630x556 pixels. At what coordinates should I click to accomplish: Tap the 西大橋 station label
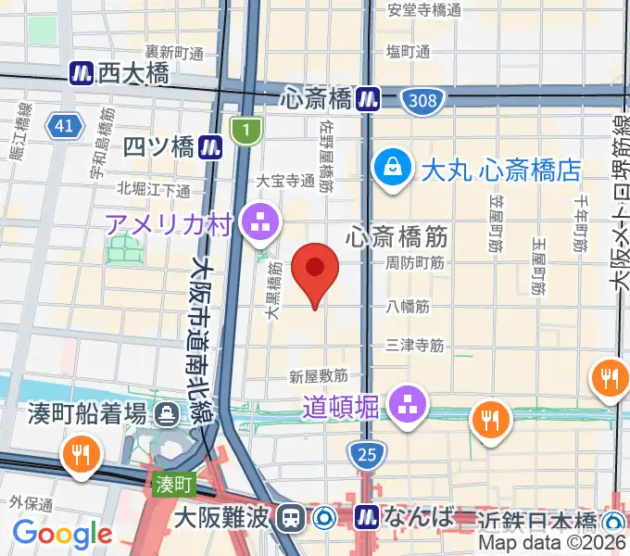[x=133, y=72]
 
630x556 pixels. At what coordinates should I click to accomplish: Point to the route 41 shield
[x=63, y=126]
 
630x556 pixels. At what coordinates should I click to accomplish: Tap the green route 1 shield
[x=246, y=132]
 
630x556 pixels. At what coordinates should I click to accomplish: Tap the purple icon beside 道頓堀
[x=405, y=402]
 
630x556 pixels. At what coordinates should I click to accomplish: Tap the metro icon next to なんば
[x=368, y=515]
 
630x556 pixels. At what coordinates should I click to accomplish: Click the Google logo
[x=62, y=532]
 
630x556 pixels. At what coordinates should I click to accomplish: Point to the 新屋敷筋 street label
[x=318, y=376]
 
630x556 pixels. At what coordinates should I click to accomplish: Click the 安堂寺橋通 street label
[x=424, y=10]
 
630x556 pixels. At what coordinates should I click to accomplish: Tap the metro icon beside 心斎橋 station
[x=370, y=97]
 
